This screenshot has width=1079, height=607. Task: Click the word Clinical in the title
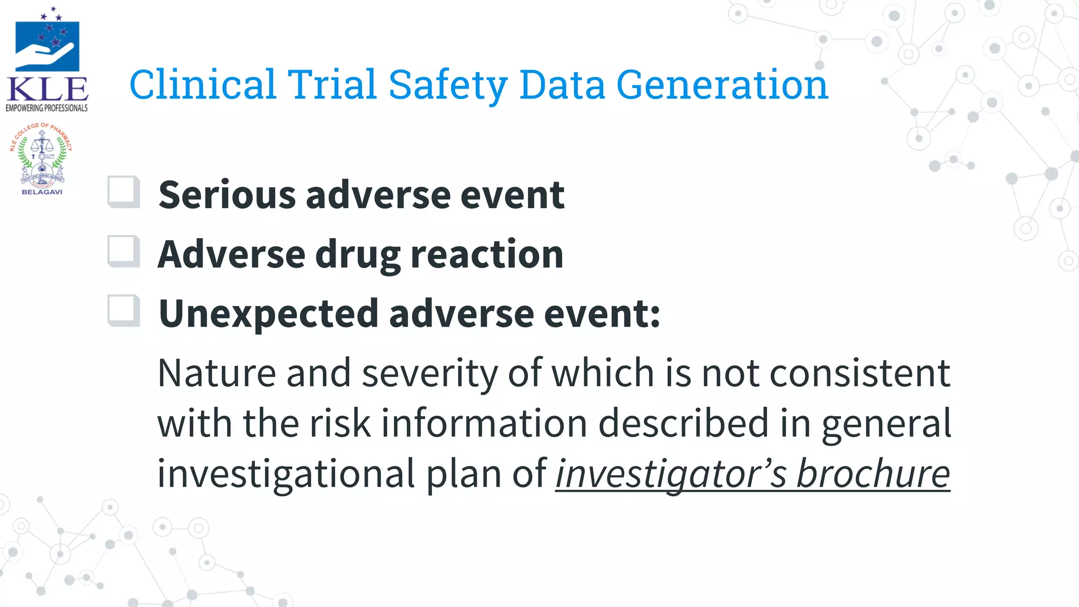[x=203, y=85]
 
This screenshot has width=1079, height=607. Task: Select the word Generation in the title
[x=722, y=85]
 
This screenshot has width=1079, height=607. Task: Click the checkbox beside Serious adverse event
[x=124, y=192]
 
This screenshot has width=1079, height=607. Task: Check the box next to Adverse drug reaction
[x=124, y=251]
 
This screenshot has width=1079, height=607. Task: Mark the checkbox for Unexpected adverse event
[x=124, y=310]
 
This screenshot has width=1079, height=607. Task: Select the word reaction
[x=487, y=254]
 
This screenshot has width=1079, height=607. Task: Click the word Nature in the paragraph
[x=217, y=373]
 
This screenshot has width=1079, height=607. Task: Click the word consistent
[x=860, y=373]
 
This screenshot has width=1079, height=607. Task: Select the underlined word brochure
[x=872, y=474]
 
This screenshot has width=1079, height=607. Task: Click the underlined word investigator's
[x=671, y=474]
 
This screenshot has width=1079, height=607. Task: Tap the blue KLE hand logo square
[x=47, y=46]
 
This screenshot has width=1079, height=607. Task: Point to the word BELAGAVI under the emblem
[x=42, y=192]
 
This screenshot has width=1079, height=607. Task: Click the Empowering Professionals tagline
[x=47, y=108]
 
